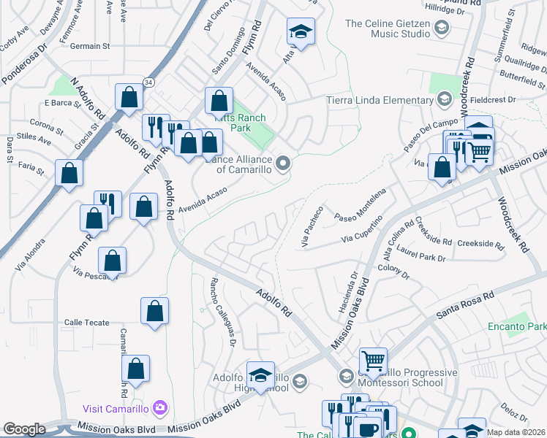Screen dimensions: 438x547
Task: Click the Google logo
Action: (24, 429)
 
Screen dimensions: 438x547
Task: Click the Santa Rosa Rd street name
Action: (465, 305)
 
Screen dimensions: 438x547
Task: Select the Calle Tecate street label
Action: (86, 323)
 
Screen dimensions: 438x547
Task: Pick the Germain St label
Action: (90, 45)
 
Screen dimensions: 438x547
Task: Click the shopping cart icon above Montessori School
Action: (373, 361)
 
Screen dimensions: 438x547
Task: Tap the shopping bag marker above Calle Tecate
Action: (154, 311)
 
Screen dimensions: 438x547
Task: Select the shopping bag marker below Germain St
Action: (129, 96)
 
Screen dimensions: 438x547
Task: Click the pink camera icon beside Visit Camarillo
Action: (162, 407)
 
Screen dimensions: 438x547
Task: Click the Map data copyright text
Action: (516, 432)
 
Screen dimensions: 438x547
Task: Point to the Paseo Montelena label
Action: (359, 205)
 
